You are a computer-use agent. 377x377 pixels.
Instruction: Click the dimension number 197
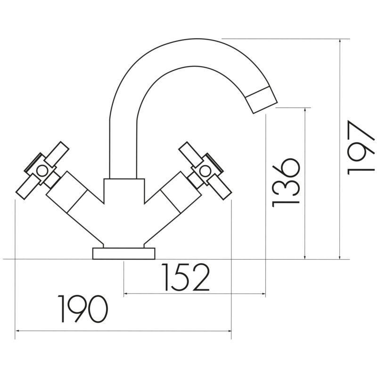361,148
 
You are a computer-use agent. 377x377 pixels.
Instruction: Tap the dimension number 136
286,183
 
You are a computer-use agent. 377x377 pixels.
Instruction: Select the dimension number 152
185,277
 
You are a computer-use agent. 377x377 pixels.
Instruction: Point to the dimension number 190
83,309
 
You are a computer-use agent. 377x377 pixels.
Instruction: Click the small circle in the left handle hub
41,171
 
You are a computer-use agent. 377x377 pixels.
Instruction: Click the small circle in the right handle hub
205,171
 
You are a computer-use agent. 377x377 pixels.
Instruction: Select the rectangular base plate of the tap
123,254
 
